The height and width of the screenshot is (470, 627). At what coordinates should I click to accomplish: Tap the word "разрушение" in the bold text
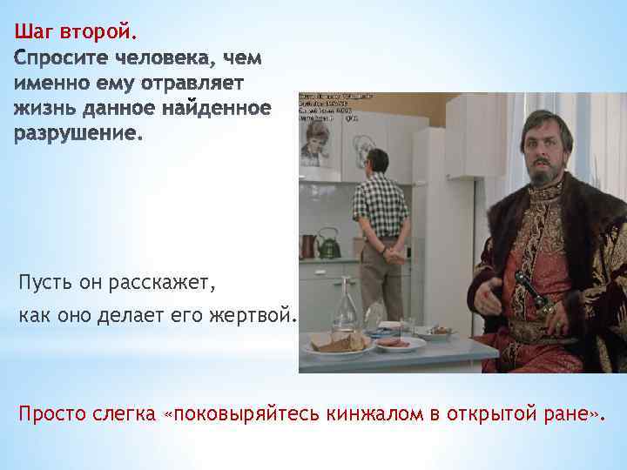click(x=77, y=134)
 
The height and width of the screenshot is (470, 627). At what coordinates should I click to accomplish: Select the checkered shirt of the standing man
click(x=381, y=205)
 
